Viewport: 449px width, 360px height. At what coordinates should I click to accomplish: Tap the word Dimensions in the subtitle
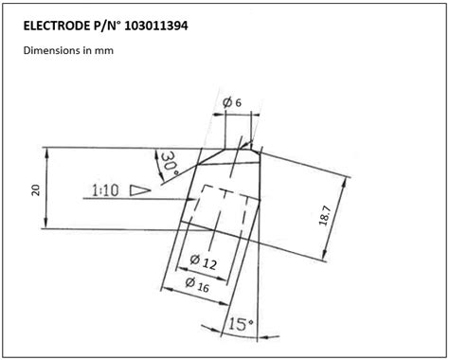point(53,51)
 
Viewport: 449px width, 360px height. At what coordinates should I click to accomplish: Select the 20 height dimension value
point(35,189)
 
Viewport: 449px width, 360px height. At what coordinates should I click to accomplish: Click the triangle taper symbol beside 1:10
point(140,189)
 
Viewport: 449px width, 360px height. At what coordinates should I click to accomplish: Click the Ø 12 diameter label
point(203,261)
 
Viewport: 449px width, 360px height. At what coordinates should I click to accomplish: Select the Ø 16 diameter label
point(196,283)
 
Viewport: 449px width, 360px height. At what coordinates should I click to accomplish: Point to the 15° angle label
point(241,324)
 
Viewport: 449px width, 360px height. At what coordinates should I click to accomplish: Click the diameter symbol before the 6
point(226,102)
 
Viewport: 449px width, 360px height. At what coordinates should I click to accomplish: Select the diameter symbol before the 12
point(193,259)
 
